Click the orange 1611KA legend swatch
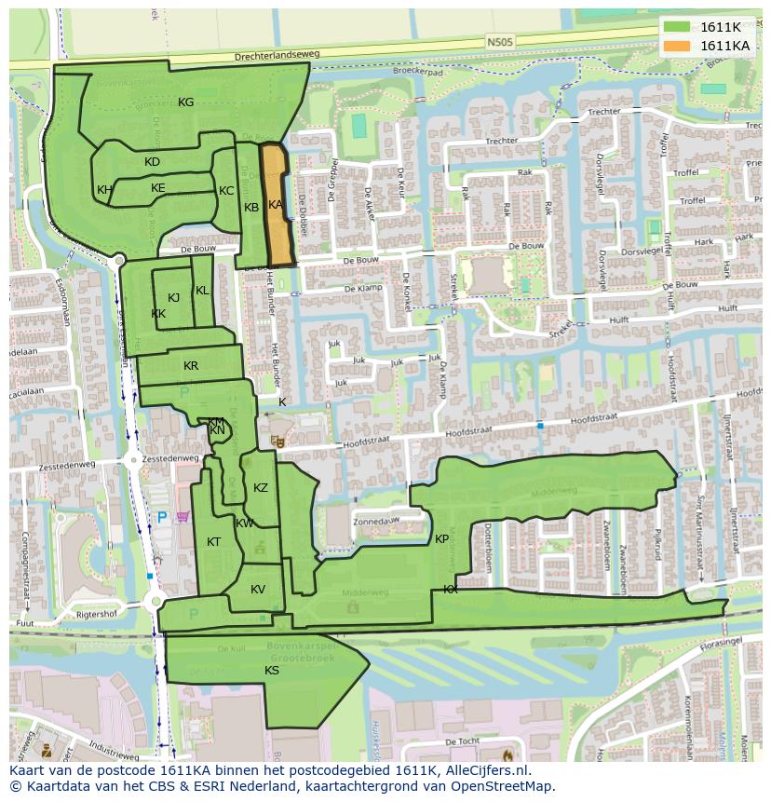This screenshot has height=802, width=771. (678, 46)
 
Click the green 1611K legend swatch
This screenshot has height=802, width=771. (678, 27)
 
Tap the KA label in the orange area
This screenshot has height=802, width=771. (276, 204)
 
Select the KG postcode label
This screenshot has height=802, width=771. (186, 102)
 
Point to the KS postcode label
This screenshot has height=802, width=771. (272, 670)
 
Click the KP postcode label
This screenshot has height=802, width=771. (442, 539)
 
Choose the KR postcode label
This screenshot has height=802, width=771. (191, 366)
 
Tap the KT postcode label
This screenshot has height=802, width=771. (214, 542)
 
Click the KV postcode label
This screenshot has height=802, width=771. (258, 589)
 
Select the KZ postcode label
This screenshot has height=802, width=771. (261, 488)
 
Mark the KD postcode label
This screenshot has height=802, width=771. (153, 162)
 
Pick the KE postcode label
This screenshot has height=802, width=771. (158, 188)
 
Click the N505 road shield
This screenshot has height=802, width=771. (499, 41)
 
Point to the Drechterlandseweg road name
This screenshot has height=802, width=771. (277, 56)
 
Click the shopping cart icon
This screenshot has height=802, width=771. (183, 516)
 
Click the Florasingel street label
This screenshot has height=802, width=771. (724, 642)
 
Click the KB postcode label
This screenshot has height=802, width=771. (251, 208)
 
